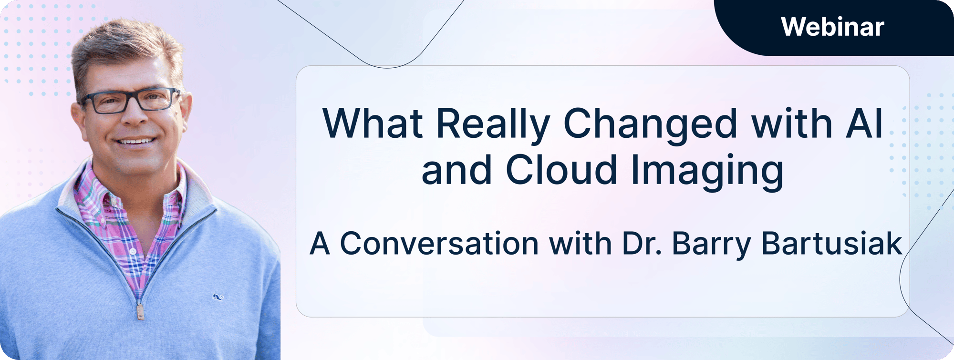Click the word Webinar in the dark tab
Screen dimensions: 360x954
832,27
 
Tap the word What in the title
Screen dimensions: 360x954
373,124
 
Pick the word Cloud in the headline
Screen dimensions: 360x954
561,170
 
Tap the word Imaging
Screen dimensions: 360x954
708,172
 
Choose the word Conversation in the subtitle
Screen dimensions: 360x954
439,244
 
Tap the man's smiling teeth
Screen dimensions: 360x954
136,141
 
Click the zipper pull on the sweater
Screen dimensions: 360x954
141,311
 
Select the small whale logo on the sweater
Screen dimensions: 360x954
218,298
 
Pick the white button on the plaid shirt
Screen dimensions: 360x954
133,251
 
